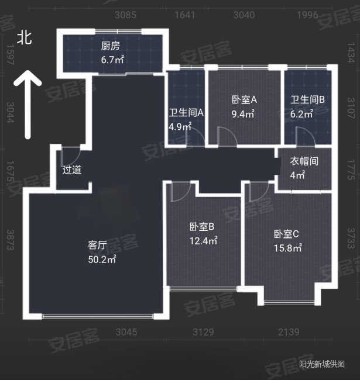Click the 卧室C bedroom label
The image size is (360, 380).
(287, 234)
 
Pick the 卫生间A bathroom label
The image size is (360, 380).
(186, 112)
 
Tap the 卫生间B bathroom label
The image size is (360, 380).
(307, 99)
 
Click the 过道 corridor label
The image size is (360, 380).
(72, 171)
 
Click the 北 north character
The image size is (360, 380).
(24, 39)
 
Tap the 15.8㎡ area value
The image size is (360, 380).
(288, 248)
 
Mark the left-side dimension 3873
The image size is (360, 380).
(9, 239)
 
